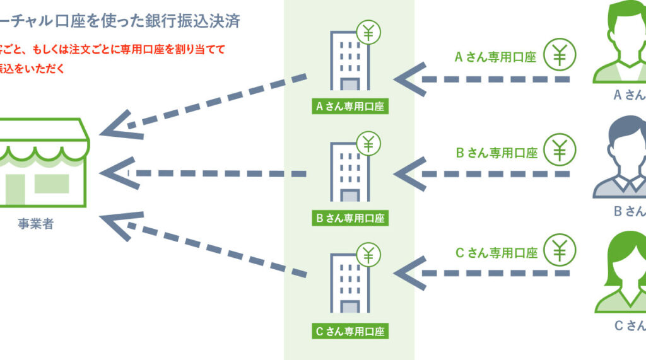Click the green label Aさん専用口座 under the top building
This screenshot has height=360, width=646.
point(349,107)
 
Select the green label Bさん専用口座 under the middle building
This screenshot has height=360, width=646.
point(349,219)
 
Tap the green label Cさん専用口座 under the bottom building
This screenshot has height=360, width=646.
point(349,330)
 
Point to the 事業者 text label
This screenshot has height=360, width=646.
point(36,224)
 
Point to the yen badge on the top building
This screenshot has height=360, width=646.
point(368,32)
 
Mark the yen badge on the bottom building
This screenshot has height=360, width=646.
point(368,255)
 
